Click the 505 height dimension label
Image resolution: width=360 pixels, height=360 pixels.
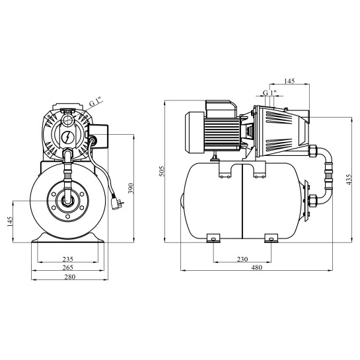coord(162,171)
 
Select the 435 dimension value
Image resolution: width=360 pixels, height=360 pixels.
coord(349,179)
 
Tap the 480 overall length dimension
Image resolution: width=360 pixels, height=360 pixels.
coord(256,268)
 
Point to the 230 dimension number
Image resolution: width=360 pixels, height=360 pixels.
coord(242,259)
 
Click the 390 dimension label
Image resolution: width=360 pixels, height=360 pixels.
coord(131,188)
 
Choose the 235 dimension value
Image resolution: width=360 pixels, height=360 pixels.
coord(68,259)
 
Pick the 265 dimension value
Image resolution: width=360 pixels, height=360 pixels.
coord(68,268)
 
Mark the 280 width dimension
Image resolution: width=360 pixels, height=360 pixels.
coord(69,277)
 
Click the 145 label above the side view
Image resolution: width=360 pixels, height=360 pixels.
coord(289,81)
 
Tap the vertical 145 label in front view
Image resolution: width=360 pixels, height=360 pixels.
coord(10,221)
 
